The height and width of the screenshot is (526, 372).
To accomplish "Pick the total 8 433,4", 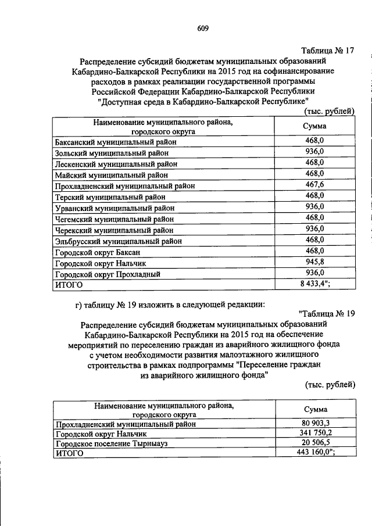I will [x=314, y=284].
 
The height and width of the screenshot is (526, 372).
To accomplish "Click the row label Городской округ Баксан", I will [x=97, y=252].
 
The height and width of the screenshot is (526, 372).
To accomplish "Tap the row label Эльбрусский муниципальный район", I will [x=118, y=241].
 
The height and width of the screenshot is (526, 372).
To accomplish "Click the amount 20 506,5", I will [x=314, y=443].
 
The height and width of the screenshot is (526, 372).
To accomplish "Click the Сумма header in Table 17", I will [x=314, y=126].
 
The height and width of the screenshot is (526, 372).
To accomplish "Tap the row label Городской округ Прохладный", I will [x=107, y=274].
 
